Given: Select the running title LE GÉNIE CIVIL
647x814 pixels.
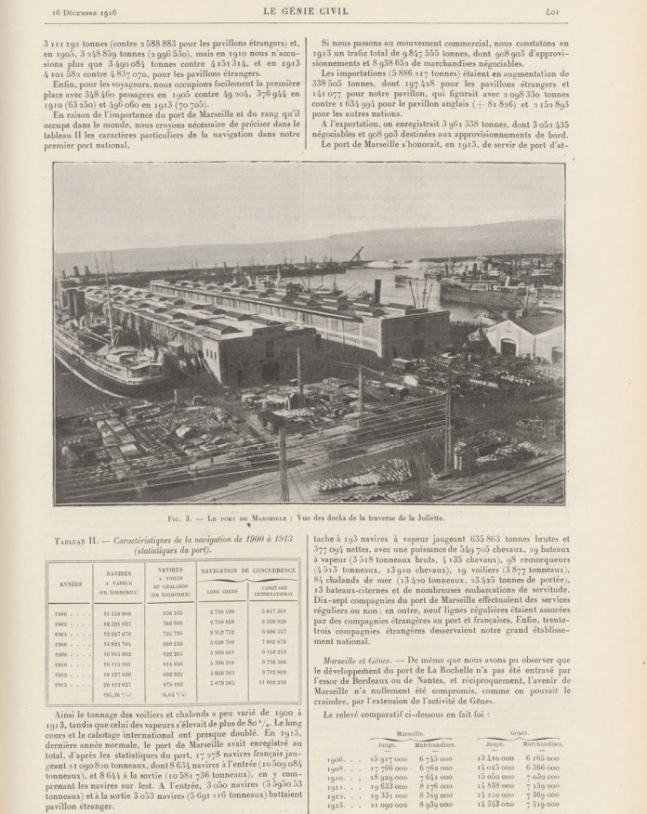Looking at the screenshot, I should pos(323,10).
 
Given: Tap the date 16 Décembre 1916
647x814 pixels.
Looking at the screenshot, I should pos(73,10).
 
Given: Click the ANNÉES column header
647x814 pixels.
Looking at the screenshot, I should pos(71,585).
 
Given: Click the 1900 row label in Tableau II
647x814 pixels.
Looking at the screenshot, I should pos(71,614).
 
